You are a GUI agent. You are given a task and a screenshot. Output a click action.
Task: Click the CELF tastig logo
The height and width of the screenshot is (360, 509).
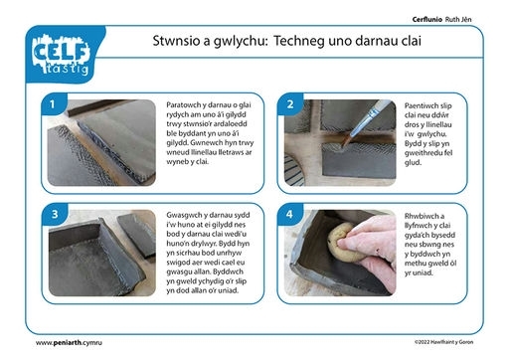coord(62,55)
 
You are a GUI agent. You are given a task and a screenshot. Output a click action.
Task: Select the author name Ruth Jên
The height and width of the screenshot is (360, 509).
coord(458,19)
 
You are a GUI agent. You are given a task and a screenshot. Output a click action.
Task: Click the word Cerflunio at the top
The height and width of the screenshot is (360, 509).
coord(427,19)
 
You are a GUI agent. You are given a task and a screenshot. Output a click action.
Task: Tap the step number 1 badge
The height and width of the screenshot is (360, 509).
coord(53,104)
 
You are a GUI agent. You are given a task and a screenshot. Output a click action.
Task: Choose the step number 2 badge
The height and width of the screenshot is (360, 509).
coord(290,104)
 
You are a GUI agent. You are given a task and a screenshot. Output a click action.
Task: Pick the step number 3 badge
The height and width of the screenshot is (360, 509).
coord(55,214)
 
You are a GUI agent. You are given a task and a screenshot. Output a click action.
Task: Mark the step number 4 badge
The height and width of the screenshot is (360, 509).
coord(289,214)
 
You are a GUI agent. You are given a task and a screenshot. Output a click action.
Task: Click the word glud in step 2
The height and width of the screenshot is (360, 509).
coord(413,163)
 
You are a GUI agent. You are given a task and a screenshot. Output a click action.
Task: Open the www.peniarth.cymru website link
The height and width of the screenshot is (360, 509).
coord(69,343)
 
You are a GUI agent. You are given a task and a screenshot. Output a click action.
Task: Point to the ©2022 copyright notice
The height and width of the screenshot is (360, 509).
coord(443,342)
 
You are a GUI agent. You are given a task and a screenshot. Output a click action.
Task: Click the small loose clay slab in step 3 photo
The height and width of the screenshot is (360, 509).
coord(137,235)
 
